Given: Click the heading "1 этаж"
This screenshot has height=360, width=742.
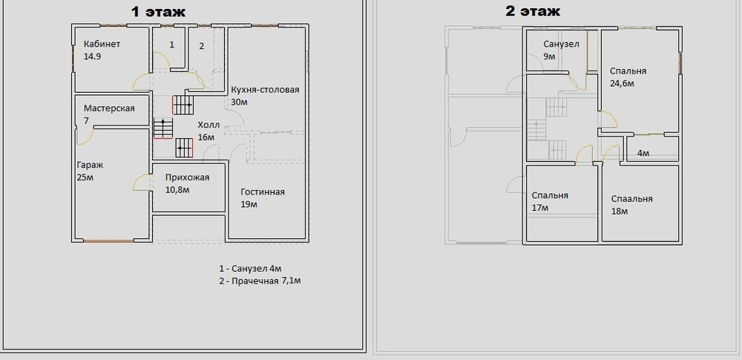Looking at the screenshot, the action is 158,11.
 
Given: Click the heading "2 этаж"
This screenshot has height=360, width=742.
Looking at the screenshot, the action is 532,11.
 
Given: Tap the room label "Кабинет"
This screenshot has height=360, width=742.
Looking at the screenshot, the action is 102,44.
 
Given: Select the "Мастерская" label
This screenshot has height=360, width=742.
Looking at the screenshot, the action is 109,108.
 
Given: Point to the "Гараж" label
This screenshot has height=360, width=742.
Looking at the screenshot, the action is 90,166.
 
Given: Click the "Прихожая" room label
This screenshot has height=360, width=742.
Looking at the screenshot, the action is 188,177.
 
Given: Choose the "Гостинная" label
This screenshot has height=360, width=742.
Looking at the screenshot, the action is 263,192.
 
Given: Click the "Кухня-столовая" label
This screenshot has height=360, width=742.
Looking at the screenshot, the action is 265,90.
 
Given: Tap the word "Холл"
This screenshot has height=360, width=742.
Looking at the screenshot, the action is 209,125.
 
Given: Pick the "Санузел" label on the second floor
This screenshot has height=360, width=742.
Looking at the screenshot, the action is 561,44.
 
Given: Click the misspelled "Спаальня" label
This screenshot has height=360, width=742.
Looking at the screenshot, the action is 631,198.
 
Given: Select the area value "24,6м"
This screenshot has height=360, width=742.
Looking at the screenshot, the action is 622,83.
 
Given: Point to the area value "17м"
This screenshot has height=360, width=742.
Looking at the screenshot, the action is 540,208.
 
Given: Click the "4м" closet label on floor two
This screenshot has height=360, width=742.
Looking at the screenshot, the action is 643,153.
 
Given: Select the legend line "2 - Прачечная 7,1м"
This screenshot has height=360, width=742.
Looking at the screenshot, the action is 260,281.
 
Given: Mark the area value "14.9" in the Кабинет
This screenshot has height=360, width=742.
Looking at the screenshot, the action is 92,56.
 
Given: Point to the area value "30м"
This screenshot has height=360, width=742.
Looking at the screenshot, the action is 240,102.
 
